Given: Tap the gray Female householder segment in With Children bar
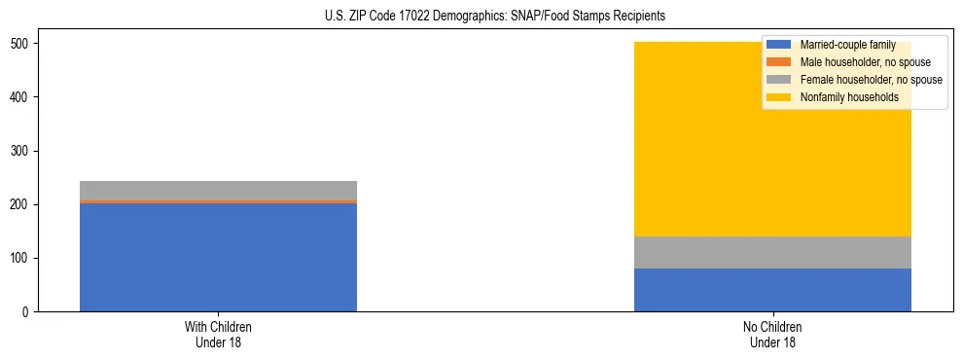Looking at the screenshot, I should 218,190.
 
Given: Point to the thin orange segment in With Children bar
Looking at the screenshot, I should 218,201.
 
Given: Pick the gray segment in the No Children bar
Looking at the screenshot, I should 772,252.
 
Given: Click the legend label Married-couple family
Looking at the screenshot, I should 847,46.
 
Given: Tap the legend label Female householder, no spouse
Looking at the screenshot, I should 871,80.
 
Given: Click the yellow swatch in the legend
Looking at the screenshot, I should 779,97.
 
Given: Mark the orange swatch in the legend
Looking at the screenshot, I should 779,63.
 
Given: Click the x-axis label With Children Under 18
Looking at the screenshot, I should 218,334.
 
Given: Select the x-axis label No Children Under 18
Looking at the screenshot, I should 772,334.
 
